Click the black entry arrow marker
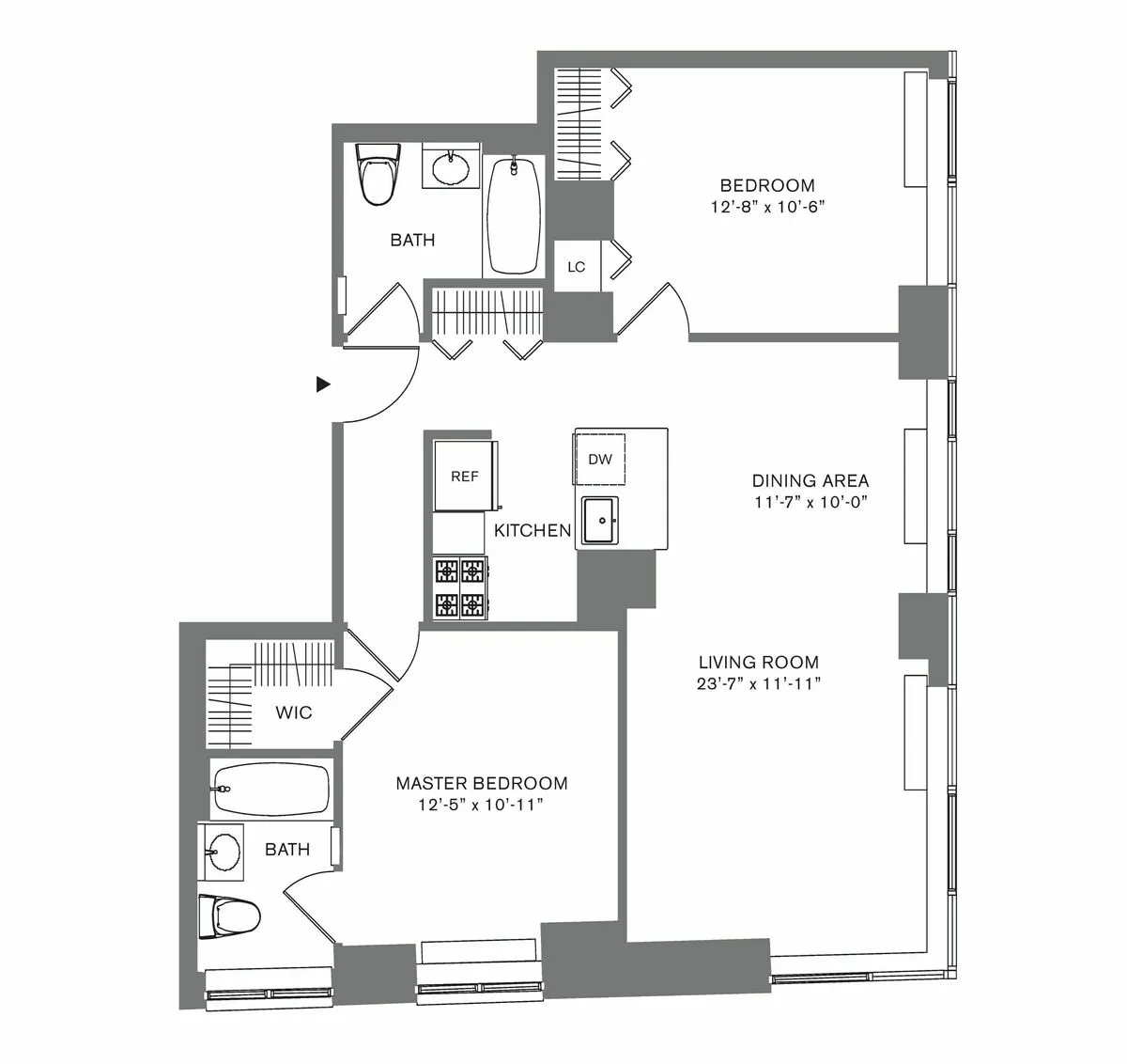323,383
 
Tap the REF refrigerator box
464,477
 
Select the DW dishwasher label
599,460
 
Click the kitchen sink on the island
598,521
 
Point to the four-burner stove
460,587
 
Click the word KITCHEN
533,531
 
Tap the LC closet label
576,267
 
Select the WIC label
293,712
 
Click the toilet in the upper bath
378,175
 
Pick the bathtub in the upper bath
513,215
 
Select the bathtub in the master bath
270,790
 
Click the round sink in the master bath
223,853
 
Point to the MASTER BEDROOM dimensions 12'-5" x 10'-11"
481,805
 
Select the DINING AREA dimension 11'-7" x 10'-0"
810,501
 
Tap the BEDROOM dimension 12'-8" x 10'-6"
767,206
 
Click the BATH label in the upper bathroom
412,240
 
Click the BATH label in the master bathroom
286,850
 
